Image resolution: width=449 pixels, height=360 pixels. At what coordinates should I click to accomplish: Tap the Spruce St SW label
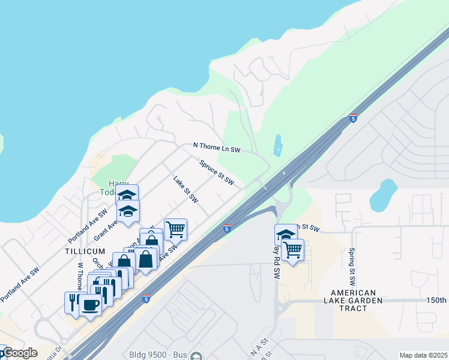(216, 172)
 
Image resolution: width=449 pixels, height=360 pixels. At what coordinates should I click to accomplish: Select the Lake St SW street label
(185, 189)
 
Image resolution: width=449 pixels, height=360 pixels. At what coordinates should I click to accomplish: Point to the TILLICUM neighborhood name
(86, 251)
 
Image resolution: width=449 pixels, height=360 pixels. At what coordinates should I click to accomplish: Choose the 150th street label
(436, 300)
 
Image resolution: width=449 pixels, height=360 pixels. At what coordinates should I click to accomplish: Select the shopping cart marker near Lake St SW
(175, 229)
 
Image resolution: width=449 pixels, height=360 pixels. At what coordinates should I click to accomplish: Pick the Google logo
(19, 353)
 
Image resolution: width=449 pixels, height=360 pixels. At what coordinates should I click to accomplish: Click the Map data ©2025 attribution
(423, 355)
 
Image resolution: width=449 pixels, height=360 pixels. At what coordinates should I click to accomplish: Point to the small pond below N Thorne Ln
(277, 145)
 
